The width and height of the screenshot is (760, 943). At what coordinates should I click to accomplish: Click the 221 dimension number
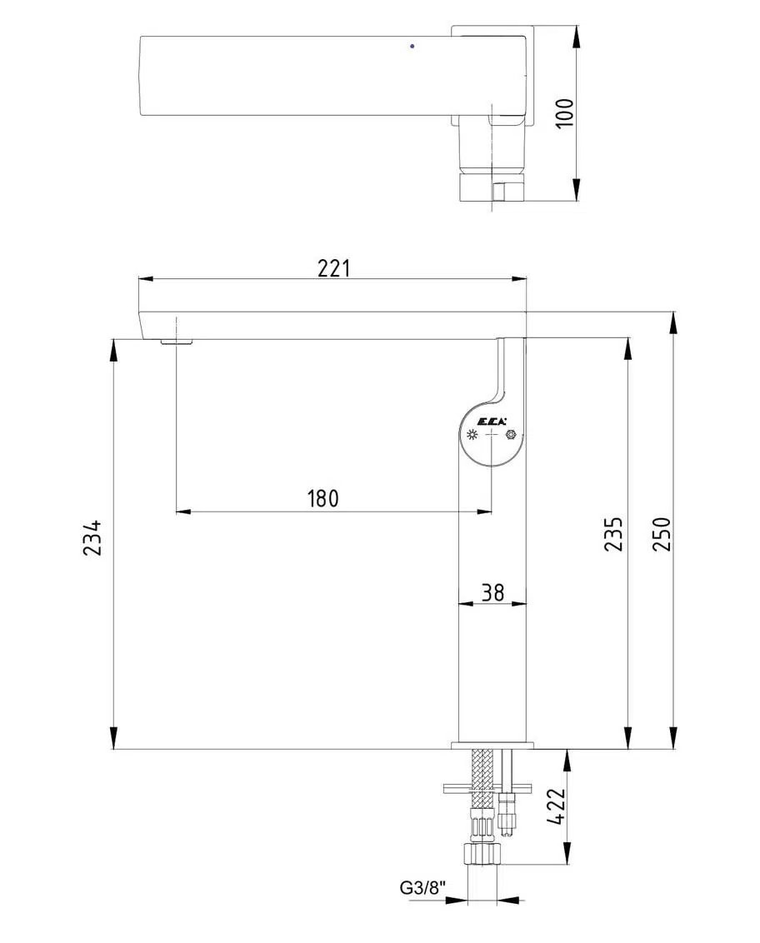click(333, 267)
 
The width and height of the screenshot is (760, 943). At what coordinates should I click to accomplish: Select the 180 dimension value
click(323, 499)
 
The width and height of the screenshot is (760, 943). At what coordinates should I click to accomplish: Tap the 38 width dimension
click(493, 591)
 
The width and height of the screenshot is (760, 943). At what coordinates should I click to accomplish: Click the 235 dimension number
click(613, 534)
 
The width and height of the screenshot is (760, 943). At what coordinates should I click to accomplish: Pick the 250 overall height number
click(661, 534)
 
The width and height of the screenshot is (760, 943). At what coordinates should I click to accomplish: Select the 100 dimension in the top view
click(565, 113)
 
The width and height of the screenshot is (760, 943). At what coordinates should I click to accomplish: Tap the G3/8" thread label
click(422, 888)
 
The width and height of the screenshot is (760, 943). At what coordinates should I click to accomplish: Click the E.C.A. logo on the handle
click(492, 421)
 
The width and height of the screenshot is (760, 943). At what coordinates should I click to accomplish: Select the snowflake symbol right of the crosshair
click(511, 435)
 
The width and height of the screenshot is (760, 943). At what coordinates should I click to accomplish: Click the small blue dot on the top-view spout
click(412, 46)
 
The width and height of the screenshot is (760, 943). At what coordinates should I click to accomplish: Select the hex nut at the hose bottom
click(482, 855)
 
